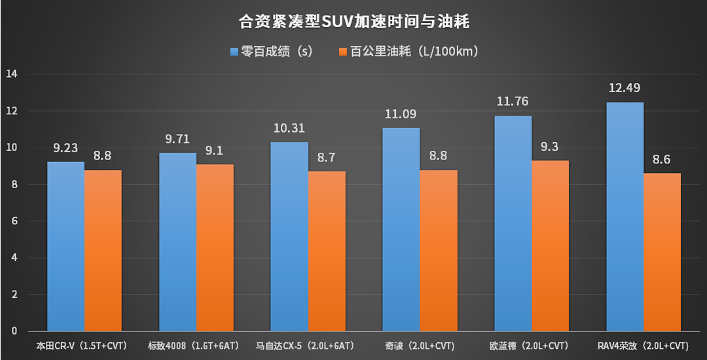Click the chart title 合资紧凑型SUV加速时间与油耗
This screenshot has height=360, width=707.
point(353,22)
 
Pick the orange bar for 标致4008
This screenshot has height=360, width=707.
point(215,248)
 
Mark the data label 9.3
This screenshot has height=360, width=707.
point(551,146)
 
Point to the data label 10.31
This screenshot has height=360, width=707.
point(289,128)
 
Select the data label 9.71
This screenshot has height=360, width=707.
point(177,139)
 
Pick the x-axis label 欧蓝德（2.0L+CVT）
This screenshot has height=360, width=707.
point(528,345)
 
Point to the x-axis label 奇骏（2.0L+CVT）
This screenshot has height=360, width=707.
point(417,345)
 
